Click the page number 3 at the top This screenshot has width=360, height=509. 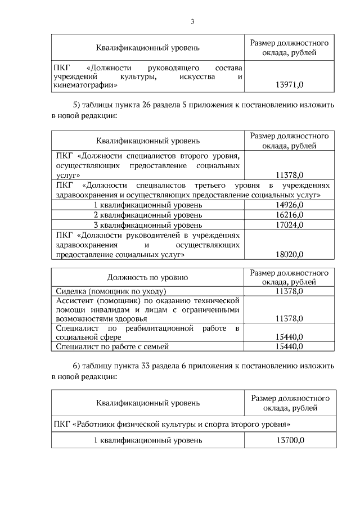coord(192,22)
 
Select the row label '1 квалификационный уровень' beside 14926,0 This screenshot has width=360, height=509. coord(148,205)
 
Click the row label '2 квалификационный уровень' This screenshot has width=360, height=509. coord(148,215)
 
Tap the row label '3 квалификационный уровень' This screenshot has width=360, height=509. coord(148,225)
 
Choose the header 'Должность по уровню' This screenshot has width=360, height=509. coord(148,277)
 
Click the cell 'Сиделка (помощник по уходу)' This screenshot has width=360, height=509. coord(111,291)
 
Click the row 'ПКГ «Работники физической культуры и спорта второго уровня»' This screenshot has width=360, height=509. coord(173,422)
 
